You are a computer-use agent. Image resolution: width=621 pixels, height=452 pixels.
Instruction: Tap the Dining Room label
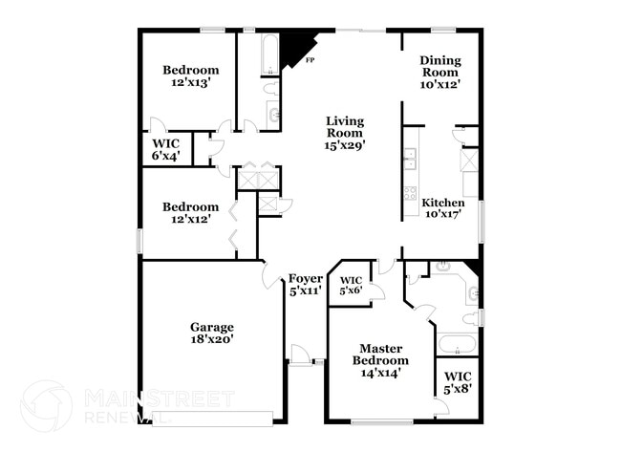click(440, 66)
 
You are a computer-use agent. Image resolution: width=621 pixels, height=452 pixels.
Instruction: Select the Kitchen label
click(443, 204)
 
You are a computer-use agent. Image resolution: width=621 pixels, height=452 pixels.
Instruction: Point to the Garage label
click(211, 327)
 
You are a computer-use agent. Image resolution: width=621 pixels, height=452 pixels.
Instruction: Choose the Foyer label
click(306, 278)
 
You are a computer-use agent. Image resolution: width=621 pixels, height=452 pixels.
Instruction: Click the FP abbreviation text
click(310, 61)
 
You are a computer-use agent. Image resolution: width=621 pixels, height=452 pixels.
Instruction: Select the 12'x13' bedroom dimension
click(190, 83)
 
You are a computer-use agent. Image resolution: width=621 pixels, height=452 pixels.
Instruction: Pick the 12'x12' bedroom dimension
click(190, 220)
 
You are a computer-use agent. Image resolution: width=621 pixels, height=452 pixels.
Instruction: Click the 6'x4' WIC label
click(166, 156)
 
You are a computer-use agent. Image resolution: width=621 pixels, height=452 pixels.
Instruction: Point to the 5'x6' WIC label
click(352, 291)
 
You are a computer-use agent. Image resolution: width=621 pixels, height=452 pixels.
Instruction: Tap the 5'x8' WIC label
click(458, 390)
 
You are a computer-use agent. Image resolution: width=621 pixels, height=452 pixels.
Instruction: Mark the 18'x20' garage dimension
click(211, 339)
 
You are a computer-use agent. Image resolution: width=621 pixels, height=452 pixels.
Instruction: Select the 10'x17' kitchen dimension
click(443, 215)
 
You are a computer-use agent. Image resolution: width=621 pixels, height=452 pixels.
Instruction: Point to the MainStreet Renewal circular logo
click(46, 406)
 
